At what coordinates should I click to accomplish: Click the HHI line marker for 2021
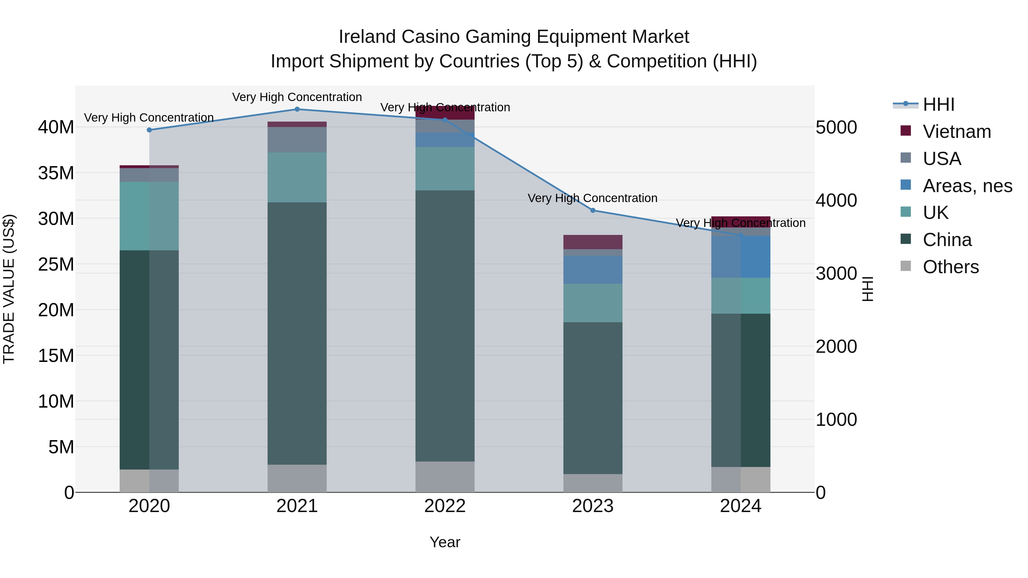(x=297, y=109)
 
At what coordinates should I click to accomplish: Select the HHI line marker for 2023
(x=593, y=210)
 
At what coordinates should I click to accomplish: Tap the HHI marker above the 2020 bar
(x=149, y=130)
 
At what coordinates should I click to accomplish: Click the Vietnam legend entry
(x=957, y=132)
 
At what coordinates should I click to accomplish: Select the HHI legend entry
(x=938, y=104)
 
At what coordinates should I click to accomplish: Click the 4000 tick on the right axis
(x=836, y=200)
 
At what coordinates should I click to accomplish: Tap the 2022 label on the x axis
(x=445, y=506)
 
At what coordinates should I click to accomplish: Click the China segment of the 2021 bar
(x=297, y=333)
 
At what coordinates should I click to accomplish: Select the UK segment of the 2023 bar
(x=593, y=303)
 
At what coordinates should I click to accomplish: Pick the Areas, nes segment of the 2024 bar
(x=741, y=257)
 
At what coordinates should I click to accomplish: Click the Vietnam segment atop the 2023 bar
(x=593, y=242)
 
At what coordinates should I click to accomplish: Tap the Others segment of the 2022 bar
(x=445, y=477)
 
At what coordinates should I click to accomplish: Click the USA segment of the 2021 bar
(x=297, y=140)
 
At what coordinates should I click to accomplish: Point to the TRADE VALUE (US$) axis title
(x=9, y=289)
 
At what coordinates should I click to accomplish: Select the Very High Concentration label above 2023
(x=592, y=198)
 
